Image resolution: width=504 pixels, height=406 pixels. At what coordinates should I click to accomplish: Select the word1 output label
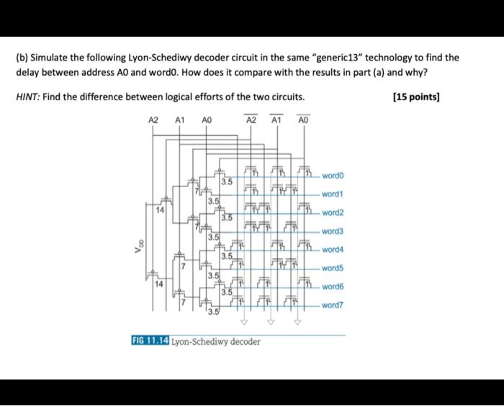point(333,195)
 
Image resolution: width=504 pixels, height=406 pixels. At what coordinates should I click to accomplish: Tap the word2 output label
point(333,213)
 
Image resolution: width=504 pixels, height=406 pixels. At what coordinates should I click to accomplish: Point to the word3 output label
point(333,231)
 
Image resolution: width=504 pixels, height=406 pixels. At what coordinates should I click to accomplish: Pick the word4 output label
point(333,250)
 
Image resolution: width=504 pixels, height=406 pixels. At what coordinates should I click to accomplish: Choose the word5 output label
point(333,268)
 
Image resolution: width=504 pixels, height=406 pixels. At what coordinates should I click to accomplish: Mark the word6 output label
point(333,286)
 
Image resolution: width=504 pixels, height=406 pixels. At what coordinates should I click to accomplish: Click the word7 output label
point(333,305)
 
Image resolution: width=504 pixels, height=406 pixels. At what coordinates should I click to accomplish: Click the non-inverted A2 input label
point(153,121)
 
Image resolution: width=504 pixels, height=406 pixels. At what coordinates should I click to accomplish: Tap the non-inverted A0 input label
point(206,121)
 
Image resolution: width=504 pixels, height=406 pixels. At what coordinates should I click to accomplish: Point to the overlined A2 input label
point(251,121)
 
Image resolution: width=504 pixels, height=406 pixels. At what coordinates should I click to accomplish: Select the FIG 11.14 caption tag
point(150,341)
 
